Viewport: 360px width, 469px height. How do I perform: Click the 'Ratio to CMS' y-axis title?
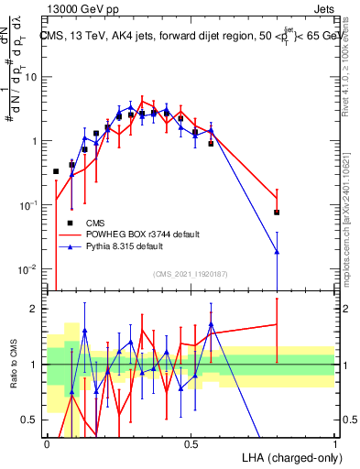(x=13, y=365)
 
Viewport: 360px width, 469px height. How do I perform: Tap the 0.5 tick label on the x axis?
(x=191, y=442)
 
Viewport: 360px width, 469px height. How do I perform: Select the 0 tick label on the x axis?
(x=47, y=442)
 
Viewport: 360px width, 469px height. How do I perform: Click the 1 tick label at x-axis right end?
(x=334, y=442)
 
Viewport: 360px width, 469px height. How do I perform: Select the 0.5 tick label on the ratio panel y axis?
(x=32, y=420)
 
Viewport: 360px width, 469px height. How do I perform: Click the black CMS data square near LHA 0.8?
(x=277, y=213)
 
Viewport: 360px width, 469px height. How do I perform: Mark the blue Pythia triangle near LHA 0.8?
(x=277, y=251)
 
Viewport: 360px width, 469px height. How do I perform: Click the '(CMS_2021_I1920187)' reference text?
(x=190, y=273)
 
